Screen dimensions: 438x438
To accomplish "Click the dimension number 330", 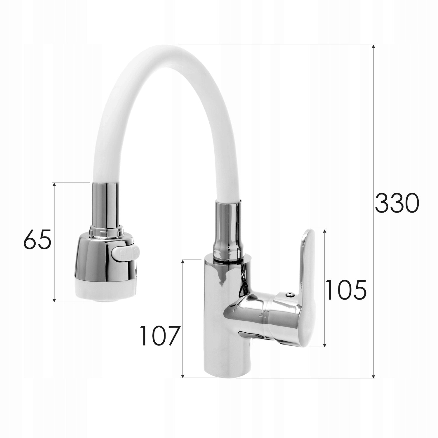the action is pyautogui.click(x=397, y=203).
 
